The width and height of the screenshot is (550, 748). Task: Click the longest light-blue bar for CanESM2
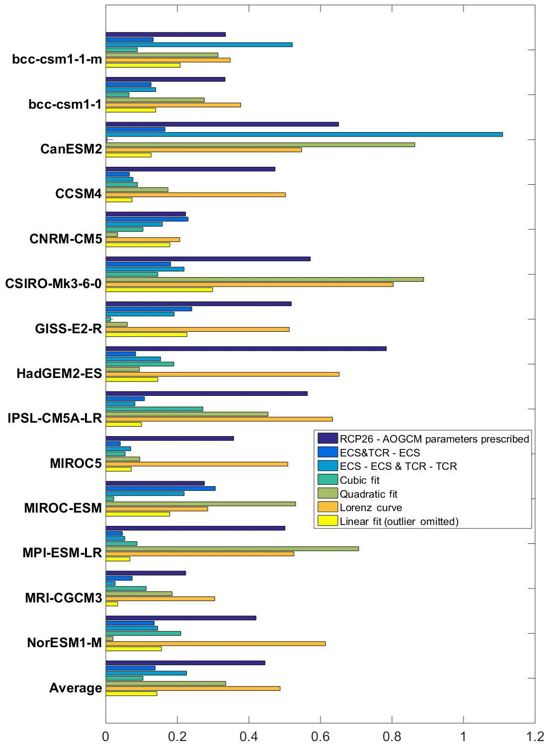point(304,134)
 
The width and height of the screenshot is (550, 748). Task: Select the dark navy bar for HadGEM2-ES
point(246,349)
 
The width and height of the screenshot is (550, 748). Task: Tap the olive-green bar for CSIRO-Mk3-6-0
point(264,279)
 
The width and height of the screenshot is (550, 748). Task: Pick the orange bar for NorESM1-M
point(216,644)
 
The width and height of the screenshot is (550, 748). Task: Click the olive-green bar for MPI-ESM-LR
point(232,549)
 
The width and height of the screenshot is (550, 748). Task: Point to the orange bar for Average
point(193,688)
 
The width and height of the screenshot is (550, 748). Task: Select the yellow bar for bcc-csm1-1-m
point(143,65)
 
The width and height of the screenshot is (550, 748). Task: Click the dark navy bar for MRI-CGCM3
point(146,573)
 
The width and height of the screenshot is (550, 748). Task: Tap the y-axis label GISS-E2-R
point(69,329)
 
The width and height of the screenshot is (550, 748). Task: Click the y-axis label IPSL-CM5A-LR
point(55,418)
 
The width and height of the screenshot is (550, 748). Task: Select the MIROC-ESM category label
point(63,508)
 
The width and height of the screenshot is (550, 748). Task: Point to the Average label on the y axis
point(76,688)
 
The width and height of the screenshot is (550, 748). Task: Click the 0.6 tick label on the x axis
point(320,737)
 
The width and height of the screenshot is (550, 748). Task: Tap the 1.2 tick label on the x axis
point(535,737)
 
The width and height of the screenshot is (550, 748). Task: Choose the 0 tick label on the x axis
point(106,737)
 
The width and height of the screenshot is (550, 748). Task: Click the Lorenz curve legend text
point(371,508)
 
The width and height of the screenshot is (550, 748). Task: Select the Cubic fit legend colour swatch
point(327,480)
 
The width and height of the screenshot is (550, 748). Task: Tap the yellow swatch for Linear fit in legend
point(327,521)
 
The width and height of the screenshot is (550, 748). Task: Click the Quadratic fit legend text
point(369,494)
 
